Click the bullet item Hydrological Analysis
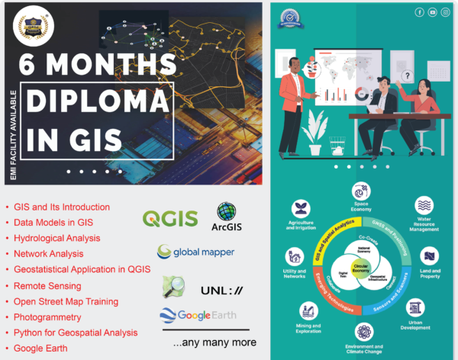click(x=56, y=238)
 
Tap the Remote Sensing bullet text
click(x=48, y=285)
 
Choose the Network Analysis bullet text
click(x=50, y=254)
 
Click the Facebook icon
click(x=419, y=12)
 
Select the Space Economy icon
click(x=361, y=191)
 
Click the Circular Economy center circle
click(x=361, y=270)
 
